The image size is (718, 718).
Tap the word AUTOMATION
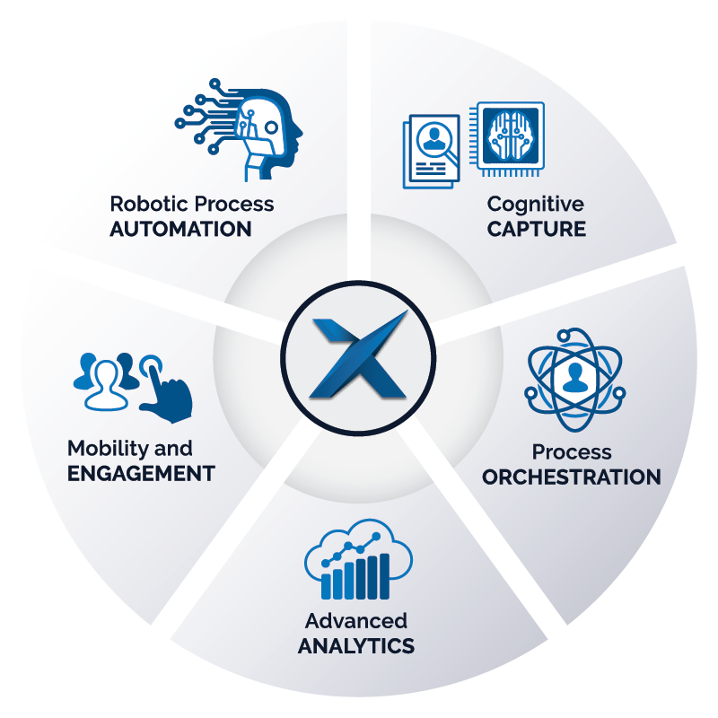tap(180, 228)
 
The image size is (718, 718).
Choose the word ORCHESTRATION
tap(572, 477)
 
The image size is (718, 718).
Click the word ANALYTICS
tap(356, 645)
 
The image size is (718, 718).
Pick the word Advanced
tap(356, 621)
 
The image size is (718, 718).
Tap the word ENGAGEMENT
tap(142, 473)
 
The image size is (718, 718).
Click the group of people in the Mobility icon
tap(103, 375)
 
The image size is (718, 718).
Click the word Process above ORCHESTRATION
tap(572, 451)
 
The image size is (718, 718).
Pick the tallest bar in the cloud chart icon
tap(385, 575)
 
